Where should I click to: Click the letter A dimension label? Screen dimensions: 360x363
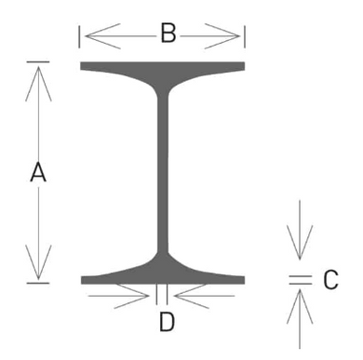pos(38,172)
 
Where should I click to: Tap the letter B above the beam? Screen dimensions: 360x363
pos(168,34)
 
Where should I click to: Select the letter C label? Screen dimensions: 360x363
pos(329,278)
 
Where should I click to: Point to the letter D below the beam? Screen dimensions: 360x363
pos(166,322)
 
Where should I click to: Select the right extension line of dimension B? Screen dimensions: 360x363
pos(244,37)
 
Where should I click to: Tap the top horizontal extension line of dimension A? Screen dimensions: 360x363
pos(38,62)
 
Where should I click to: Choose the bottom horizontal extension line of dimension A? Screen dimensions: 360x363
pos(38,282)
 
